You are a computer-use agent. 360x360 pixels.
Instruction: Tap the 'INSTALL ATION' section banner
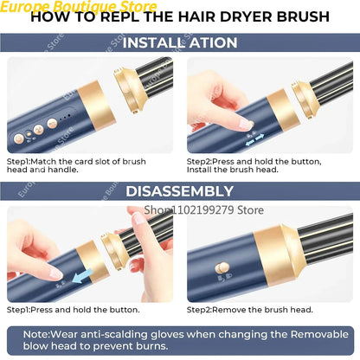179,43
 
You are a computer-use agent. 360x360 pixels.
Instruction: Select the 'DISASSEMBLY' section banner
179,191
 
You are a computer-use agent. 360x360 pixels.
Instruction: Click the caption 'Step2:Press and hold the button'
254,160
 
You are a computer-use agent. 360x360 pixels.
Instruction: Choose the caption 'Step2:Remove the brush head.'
245,309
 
